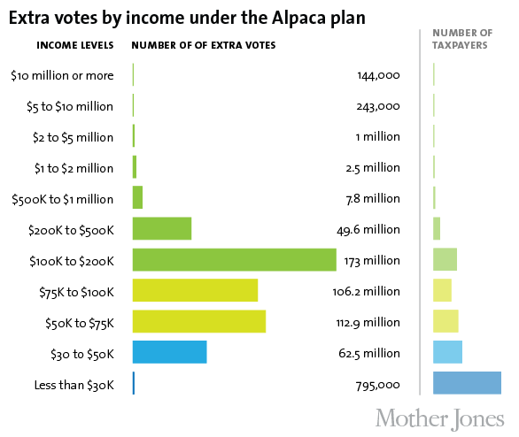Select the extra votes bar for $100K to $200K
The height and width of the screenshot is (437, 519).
pyautogui.click(x=234, y=259)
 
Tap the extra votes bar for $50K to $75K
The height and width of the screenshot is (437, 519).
pyautogui.click(x=198, y=321)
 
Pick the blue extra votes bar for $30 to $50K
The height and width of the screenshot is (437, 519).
pyautogui.click(x=169, y=352)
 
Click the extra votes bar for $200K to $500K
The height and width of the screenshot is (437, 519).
pyautogui.click(x=161, y=228)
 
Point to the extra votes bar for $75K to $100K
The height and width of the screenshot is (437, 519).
pyautogui.click(x=195, y=290)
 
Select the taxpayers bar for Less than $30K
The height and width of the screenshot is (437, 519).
pyautogui.click(x=467, y=382)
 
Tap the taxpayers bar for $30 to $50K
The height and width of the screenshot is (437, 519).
pyautogui.click(x=447, y=352)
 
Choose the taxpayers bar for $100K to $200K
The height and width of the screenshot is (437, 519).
pyautogui.click(x=445, y=259)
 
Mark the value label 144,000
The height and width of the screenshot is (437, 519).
pyautogui.click(x=378, y=75)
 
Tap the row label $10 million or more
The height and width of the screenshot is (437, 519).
pyautogui.click(x=62, y=75)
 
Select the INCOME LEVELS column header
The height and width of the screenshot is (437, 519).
pyautogui.click(x=74, y=45)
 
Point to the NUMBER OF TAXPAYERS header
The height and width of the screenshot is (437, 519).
pyautogui.click(x=461, y=38)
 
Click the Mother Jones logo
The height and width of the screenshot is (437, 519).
pyautogui.click(x=439, y=417)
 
